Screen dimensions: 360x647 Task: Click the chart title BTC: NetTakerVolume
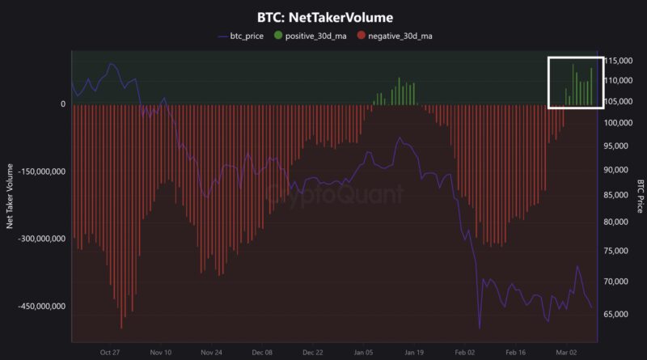coord(323,15)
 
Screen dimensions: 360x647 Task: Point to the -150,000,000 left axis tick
coord(38,172)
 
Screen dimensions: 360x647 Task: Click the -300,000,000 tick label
coord(38,239)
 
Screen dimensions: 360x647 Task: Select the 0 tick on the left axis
coord(63,104)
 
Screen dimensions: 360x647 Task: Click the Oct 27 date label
coord(110,353)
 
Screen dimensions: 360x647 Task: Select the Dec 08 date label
coord(262,353)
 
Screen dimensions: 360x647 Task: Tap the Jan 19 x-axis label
coord(415,353)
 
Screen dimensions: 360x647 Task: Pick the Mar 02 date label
coord(567,353)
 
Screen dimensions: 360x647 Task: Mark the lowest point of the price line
coord(480,328)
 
